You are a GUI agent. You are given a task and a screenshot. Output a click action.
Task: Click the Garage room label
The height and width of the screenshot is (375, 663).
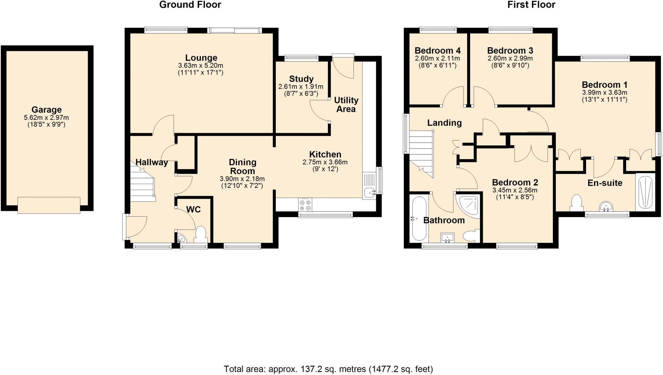(47, 110)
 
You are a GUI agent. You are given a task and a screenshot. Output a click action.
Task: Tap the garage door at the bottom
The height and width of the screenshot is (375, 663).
(49, 205)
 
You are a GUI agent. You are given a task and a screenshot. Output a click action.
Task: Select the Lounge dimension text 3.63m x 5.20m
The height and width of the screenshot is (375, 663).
(201, 66)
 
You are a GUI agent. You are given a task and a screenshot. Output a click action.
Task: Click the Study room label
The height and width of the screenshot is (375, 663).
(301, 79)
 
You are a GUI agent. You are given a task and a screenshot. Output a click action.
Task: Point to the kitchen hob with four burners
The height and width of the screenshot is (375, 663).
(305, 205)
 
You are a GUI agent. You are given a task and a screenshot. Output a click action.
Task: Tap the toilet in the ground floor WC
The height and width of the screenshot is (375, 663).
(201, 235)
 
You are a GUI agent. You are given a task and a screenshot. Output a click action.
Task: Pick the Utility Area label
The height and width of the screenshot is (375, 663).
(346, 105)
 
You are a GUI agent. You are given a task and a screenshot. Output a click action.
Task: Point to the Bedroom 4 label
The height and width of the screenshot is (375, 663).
(438, 51)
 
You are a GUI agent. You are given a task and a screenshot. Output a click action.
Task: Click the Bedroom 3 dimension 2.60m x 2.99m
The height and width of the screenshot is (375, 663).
(510, 59)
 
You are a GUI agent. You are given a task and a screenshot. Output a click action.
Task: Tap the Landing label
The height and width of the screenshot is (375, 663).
(444, 123)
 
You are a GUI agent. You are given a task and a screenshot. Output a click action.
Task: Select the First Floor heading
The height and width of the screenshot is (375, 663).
(531, 5)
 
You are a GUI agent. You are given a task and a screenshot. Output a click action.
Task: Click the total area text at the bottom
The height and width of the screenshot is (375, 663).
(328, 369)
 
